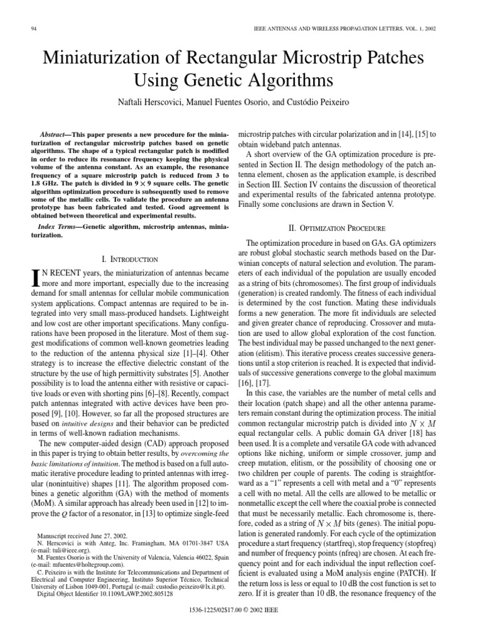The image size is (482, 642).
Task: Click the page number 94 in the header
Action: pos(33,28)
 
